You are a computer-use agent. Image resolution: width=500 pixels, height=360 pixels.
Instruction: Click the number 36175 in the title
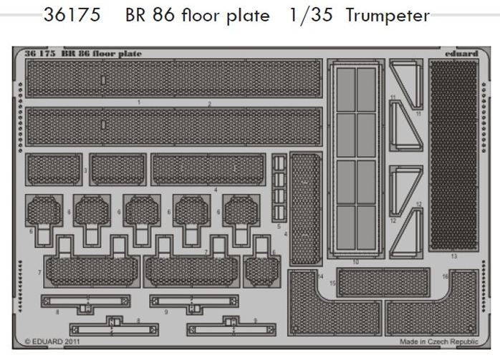point(71,16)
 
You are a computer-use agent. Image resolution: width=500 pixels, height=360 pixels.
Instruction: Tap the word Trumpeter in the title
point(387,16)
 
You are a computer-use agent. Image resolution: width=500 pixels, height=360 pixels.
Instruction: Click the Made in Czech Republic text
point(438,343)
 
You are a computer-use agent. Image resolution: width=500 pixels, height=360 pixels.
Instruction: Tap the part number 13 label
point(453,256)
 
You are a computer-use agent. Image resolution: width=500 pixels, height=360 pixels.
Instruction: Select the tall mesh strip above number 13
point(453,155)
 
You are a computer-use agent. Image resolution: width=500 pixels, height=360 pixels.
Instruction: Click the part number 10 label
point(356,263)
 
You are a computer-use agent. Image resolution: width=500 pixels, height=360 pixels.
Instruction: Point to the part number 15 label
point(332,284)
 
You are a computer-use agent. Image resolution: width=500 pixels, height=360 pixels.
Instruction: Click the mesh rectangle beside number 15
point(383,283)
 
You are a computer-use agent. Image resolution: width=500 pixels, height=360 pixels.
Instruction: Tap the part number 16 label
point(445,276)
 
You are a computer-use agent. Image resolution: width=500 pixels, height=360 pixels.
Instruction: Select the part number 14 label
point(321,276)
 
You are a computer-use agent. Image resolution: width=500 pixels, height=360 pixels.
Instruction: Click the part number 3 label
point(85,170)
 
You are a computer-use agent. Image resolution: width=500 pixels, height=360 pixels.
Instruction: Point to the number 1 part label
point(138,103)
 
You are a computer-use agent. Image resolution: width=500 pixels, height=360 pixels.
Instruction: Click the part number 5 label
point(279,226)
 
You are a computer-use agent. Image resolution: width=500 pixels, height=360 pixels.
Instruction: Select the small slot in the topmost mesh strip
point(103,79)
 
